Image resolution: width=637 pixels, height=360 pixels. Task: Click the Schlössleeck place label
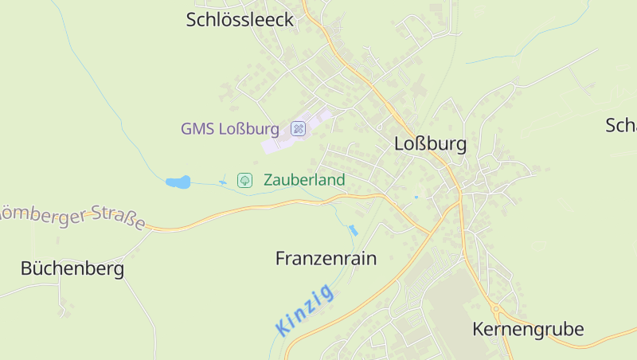click(240, 20)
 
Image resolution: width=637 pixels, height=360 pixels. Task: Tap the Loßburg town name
click(430, 145)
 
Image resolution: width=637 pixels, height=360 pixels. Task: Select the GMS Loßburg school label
click(229, 129)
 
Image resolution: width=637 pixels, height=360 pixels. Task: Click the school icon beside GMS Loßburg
click(298, 128)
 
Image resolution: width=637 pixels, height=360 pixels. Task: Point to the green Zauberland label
click(304, 180)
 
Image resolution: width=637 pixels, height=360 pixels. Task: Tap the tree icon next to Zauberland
click(245, 180)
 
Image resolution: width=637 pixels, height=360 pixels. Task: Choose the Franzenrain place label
click(326, 259)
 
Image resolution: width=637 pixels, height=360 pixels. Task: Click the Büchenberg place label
click(72, 269)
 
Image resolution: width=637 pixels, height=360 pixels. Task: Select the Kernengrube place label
click(528, 329)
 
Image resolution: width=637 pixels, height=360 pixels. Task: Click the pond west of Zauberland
click(178, 182)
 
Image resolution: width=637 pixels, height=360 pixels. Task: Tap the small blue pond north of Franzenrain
click(353, 230)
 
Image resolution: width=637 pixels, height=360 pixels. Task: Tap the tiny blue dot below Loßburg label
click(416, 197)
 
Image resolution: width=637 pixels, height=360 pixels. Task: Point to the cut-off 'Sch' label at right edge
click(621, 126)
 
